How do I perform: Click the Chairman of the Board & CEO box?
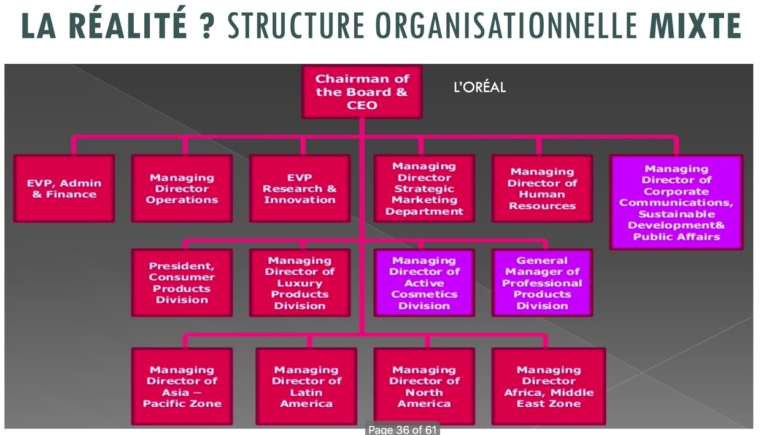point(362,92)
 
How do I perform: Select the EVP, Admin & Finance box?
point(64,188)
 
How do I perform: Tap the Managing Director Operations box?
point(182,188)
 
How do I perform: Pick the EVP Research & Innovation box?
point(300,188)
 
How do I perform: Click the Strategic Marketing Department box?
point(424,188)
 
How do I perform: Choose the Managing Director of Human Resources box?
point(542,188)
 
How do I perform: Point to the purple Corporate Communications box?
point(676,202)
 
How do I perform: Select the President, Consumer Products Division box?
point(182,283)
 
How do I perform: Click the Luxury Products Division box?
point(300,283)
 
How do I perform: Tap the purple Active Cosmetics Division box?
point(424,283)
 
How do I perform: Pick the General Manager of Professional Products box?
point(542,283)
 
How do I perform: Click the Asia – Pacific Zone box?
point(182,387)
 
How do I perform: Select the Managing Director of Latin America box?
point(306,387)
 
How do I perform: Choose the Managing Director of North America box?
point(424,387)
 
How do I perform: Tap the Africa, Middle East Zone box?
point(549,387)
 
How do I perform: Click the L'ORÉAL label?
point(479,88)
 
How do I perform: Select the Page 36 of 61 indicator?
point(402,429)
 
